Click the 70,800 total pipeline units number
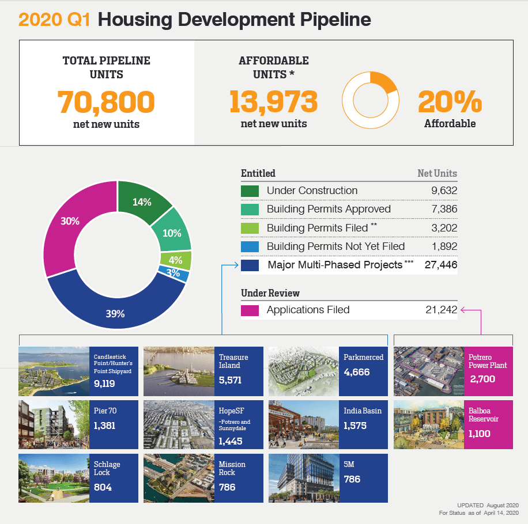tap(106, 102)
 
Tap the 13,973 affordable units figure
tap(273, 102)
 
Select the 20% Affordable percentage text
tap(450, 104)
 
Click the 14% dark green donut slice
tap(142, 202)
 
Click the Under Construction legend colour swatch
tap(250, 191)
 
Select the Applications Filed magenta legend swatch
tap(250, 310)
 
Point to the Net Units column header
tap(437, 173)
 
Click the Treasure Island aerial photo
tap(179, 371)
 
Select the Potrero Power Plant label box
tap(488, 371)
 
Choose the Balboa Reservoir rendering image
tap(428, 425)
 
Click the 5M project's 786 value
tap(352, 479)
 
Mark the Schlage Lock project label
tap(107, 468)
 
